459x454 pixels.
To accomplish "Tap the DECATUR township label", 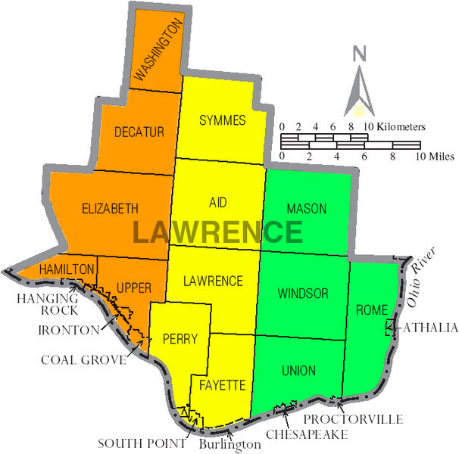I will click(139, 132).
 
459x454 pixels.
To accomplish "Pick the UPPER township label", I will click(134, 288).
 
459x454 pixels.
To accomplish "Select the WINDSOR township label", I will click(302, 293).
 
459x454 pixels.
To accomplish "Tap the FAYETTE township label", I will click(223, 385).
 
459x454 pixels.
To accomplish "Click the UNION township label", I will click(298, 370).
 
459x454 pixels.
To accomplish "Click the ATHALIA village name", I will click(430, 328).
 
